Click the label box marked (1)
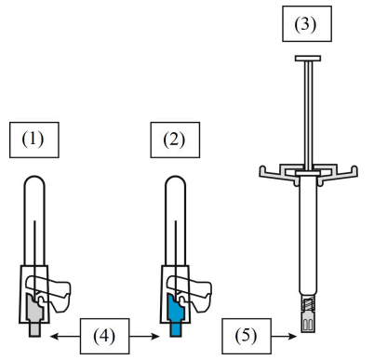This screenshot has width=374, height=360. [x=34, y=140]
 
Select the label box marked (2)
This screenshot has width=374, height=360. [x=175, y=140]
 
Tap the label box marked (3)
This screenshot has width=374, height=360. [x=307, y=23]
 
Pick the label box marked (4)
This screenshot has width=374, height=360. [x=104, y=336]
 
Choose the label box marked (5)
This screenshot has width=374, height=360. [x=247, y=336]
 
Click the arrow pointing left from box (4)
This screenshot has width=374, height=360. [x=65, y=336]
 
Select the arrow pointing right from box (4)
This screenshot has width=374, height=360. [x=144, y=336]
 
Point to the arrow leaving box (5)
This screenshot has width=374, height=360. [x=284, y=336]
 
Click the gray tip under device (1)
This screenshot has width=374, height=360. [x=34, y=329]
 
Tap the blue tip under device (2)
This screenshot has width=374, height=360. [x=176, y=329]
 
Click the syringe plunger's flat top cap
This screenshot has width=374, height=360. [x=308, y=59]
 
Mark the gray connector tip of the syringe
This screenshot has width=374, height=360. [x=308, y=322]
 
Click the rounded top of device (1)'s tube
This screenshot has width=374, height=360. [x=34, y=181]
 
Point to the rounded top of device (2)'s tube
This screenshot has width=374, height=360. [x=176, y=181]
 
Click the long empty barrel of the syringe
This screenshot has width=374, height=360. [x=308, y=235]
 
